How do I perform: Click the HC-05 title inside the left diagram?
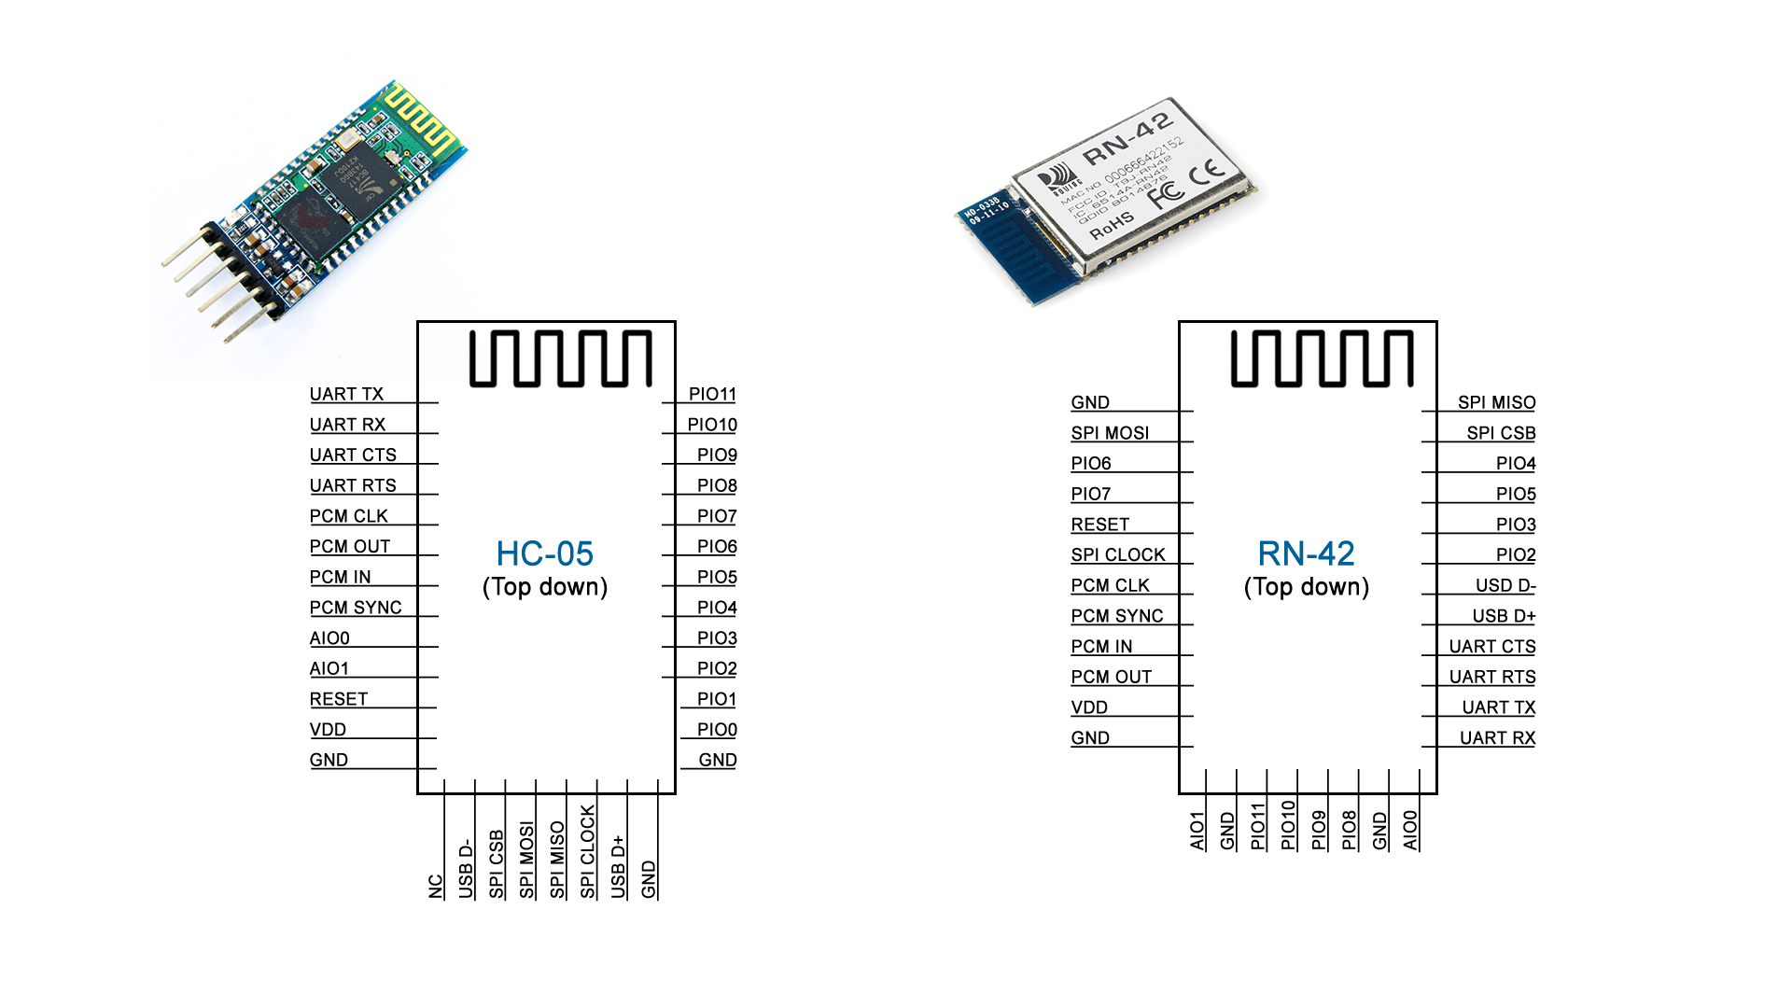point(544,553)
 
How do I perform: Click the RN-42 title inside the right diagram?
point(1306,553)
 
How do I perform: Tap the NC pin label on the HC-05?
point(435,886)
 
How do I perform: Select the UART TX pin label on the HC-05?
point(346,394)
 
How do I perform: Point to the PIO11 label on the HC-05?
point(712,394)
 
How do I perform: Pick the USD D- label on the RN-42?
point(1505,585)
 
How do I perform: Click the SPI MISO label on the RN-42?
point(1496,402)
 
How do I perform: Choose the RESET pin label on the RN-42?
point(1099,525)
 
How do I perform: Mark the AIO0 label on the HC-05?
point(329,638)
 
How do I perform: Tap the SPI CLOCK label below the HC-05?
point(587,851)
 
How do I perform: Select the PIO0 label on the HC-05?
point(717,730)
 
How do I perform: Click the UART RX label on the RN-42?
point(1497,738)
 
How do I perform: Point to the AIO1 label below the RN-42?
point(1197,831)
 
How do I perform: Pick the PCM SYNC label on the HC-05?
point(356,608)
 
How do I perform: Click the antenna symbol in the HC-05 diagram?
point(560,358)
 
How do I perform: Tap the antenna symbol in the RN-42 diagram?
point(1322,358)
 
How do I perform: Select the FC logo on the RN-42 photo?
point(1165,193)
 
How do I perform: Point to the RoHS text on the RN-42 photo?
point(1112,225)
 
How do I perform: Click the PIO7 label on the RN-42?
point(1090,494)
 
